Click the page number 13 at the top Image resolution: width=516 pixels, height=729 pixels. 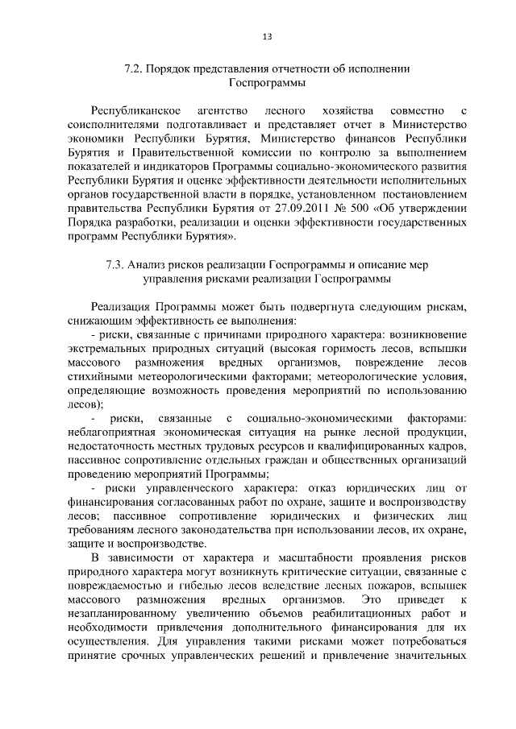point(267,35)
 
